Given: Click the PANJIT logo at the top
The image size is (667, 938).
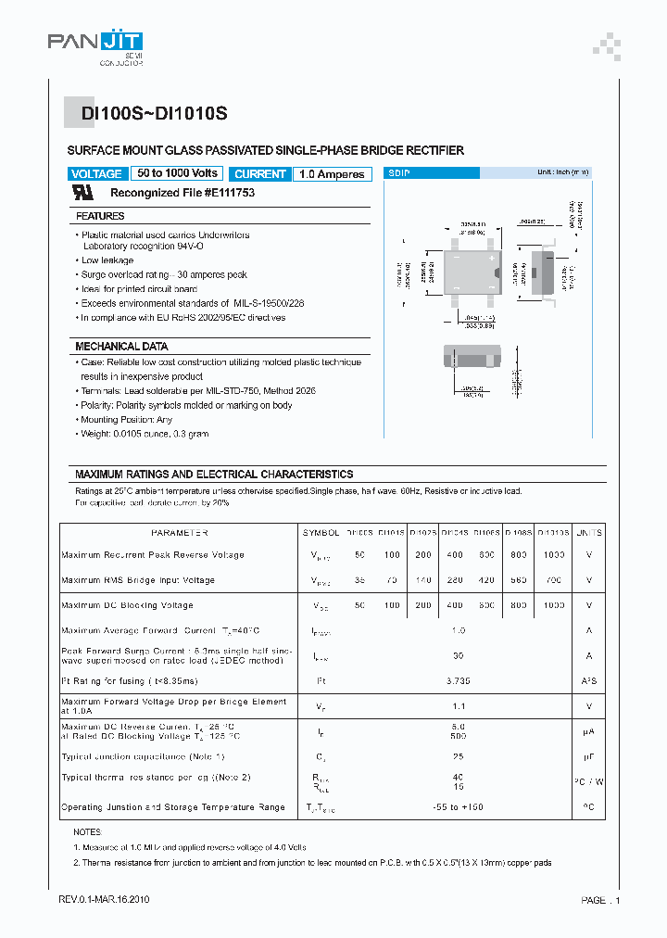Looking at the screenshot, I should point(94,46).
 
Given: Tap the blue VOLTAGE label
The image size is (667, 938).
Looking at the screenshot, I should point(96,174).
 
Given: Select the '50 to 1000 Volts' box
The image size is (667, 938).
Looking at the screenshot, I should point(177,173).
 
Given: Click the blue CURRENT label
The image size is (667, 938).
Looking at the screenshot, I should point(260,174).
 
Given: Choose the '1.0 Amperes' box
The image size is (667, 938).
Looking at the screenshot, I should point(332,174).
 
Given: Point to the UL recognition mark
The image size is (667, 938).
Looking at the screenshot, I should point(84,193).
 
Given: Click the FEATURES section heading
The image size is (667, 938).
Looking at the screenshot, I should point(100,216).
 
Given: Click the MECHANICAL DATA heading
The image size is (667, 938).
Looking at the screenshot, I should point(121,346).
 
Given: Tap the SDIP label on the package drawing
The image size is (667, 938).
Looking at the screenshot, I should point(399,173).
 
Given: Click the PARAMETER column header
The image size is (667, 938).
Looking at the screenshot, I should point(179,533).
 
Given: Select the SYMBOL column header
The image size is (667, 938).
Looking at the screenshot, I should point(321,533).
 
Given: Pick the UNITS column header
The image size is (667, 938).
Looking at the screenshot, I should point(588,533).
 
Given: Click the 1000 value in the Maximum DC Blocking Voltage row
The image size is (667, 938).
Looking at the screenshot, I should point(553,605).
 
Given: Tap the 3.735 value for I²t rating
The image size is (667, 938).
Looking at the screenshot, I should point(457,679).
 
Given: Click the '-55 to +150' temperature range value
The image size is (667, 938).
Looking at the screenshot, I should point(457,807).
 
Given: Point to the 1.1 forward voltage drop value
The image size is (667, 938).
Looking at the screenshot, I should point(457,705).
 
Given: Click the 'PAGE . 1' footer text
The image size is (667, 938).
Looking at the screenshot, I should point(600,900).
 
